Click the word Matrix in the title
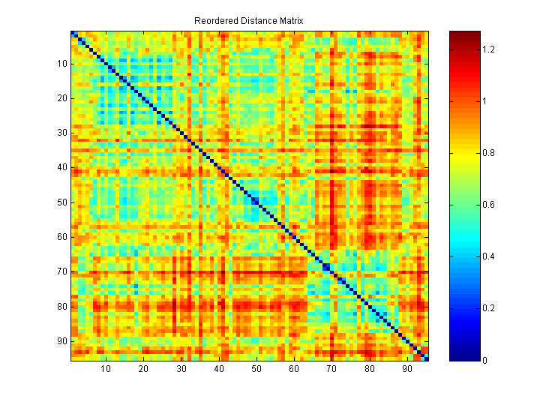click(x=290, y=21)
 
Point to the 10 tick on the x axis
click(x=106, y=369)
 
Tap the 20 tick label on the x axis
click(x=143, y=369)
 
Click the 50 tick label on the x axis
click(x=256, y=369)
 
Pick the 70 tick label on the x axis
click(x=331, y=369)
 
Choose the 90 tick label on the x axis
click(x=407, y=369)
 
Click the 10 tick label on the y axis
click(x=61, y=64)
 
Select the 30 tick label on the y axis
click(x=61, y=133)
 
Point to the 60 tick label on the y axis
click(x=61, y=237)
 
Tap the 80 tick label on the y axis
click(x=61, y=307)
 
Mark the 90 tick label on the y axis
click(x=61, y=341)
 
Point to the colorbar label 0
click(x=485, y=361)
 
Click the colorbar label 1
click(x=485, y=101)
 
